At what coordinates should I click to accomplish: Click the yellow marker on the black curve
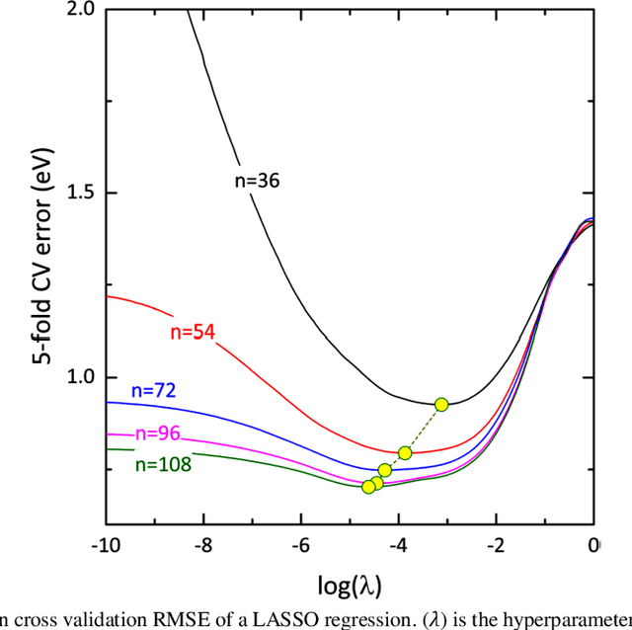(x=441, y=404)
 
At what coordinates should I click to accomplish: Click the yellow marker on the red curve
(x=405, y=453)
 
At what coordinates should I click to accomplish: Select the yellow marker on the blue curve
(x=385, y=470)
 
